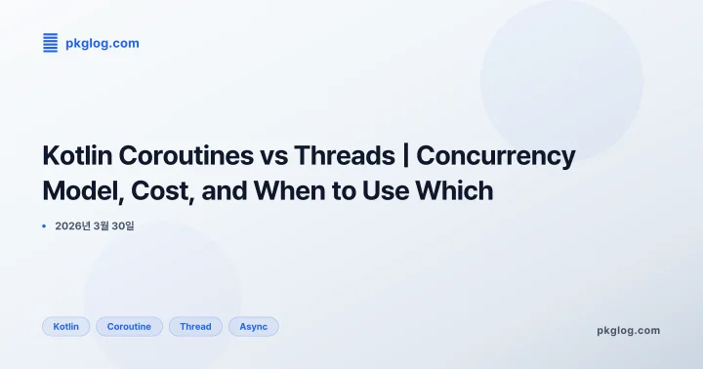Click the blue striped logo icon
point(51,42)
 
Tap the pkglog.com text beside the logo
point(102,43)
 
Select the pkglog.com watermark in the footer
point(628,330)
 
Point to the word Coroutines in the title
point(183,155)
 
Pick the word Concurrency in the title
point(496,155)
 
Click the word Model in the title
point(80,190)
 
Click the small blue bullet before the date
point(45,226)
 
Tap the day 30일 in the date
point(135,226)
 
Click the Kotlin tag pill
point(66,326)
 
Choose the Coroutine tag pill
point(129,326)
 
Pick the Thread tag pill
point(195,326)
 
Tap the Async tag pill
point(253,326)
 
